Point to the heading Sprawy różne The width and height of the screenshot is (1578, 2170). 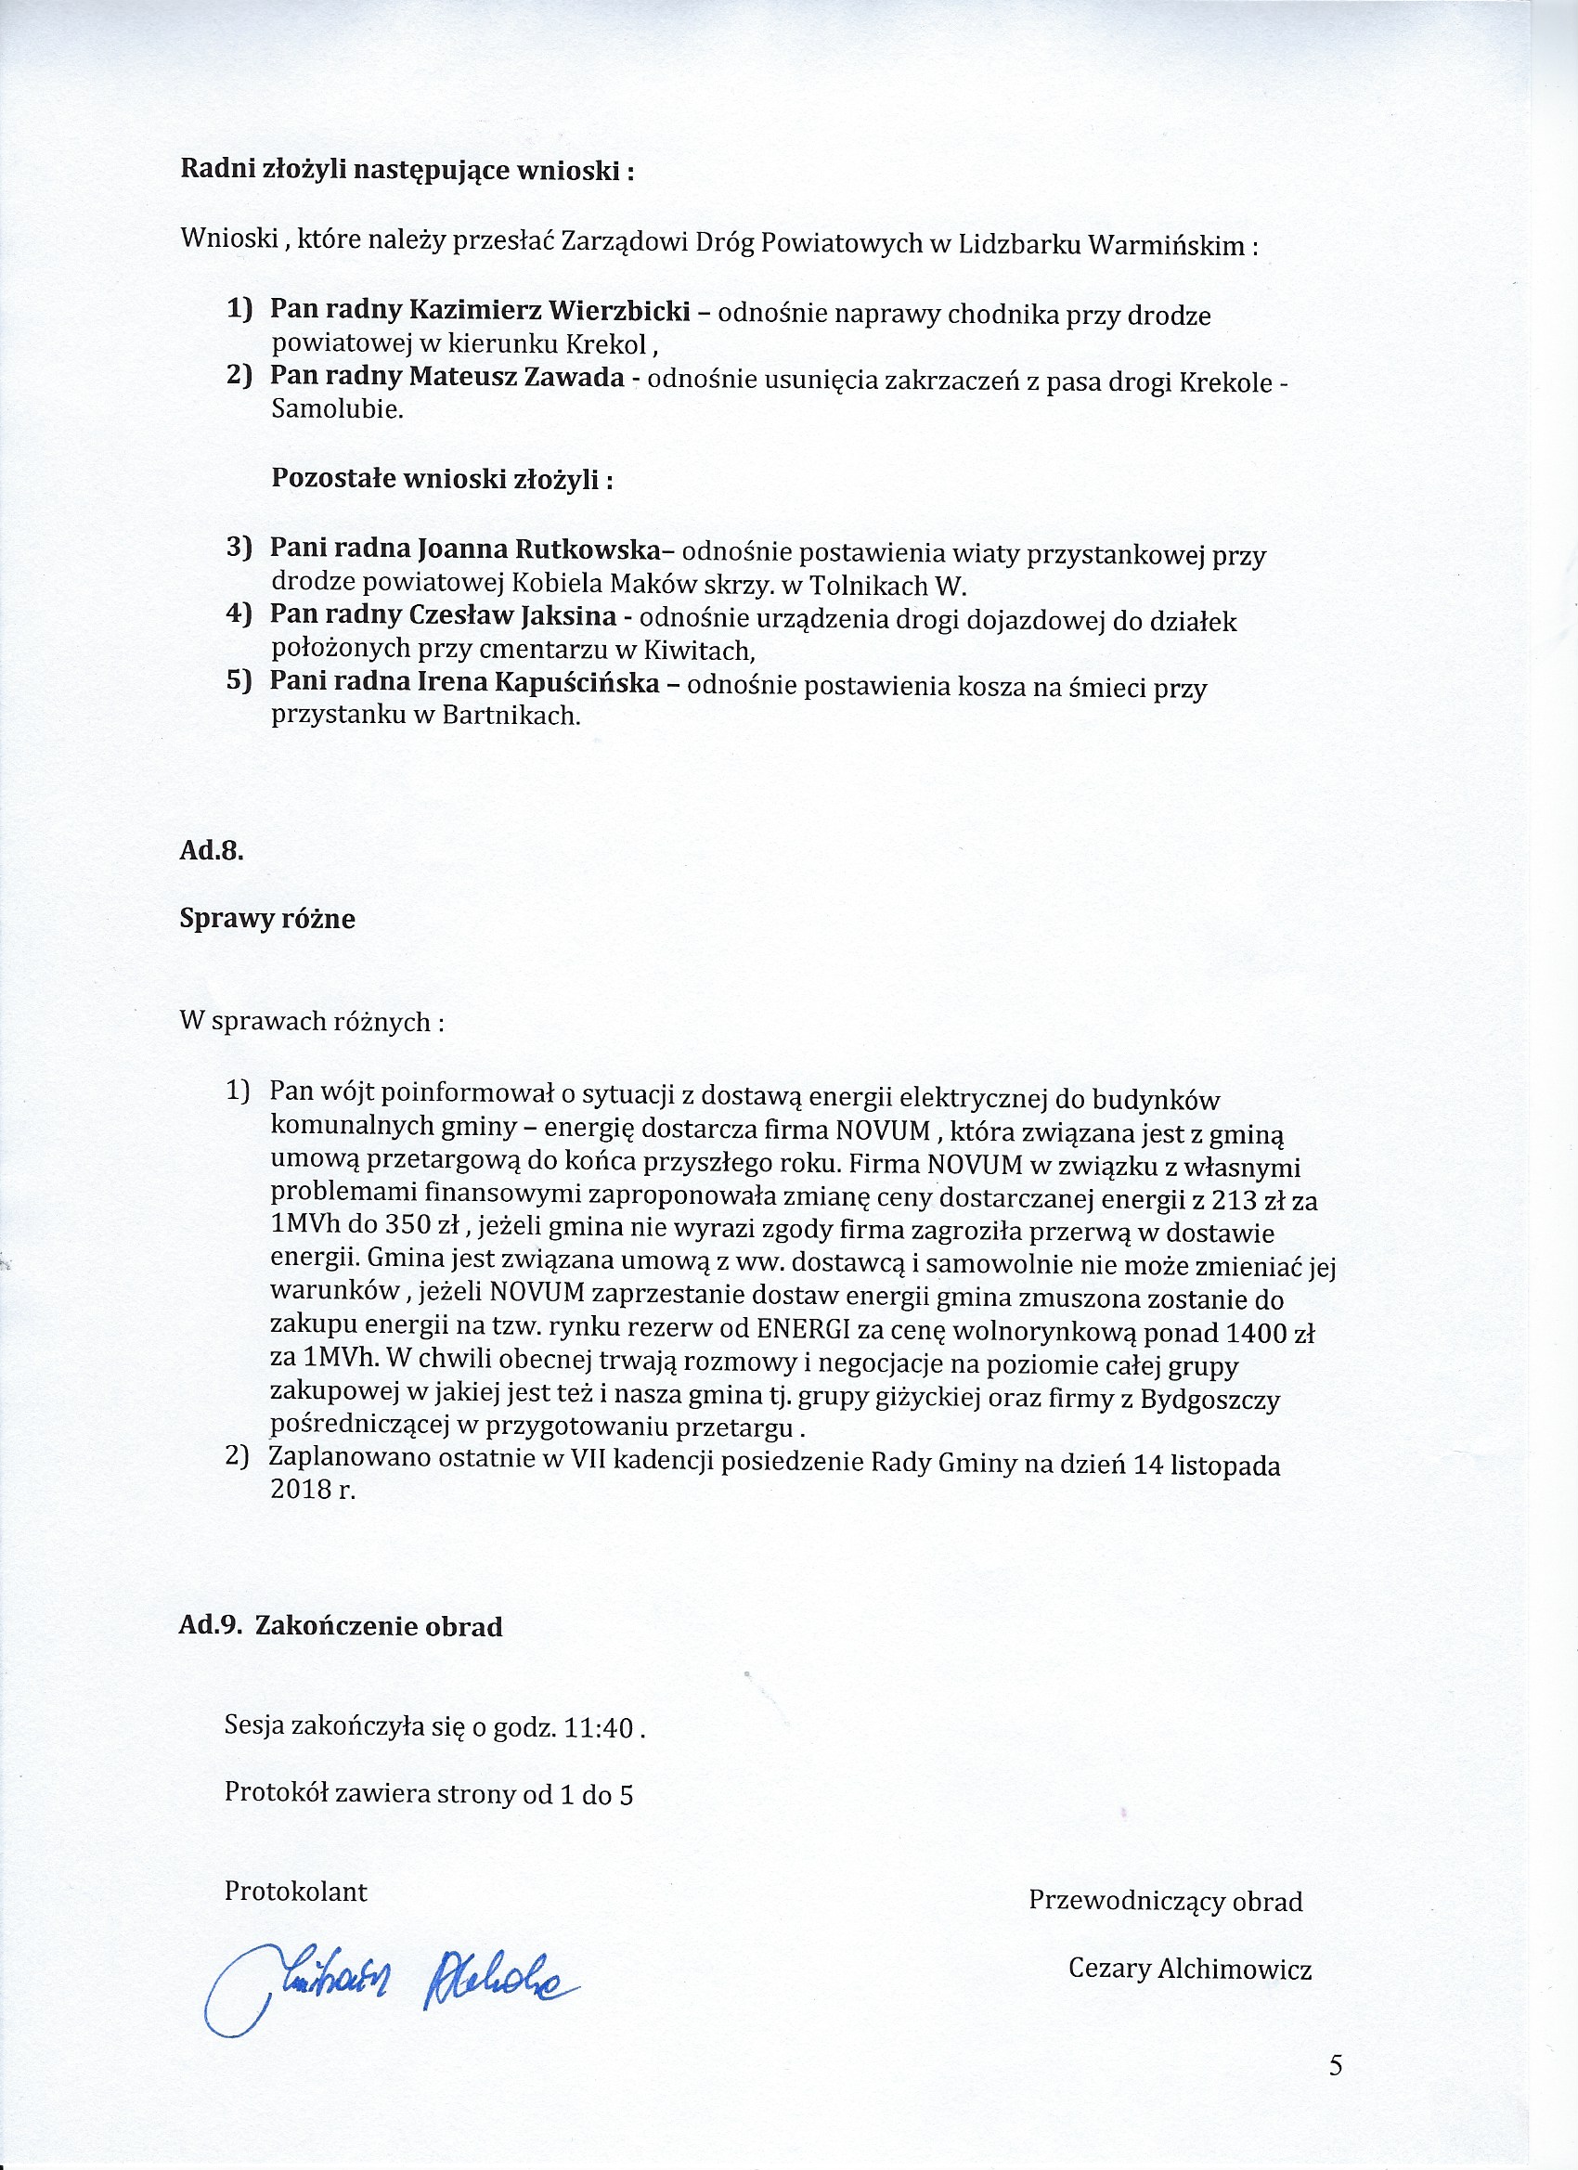tap(267, 919)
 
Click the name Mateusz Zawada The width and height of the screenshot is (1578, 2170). tap(517, 377)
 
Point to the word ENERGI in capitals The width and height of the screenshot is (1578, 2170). tap(798, 1332)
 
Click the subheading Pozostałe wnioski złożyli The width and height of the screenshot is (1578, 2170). tap(442, 478)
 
